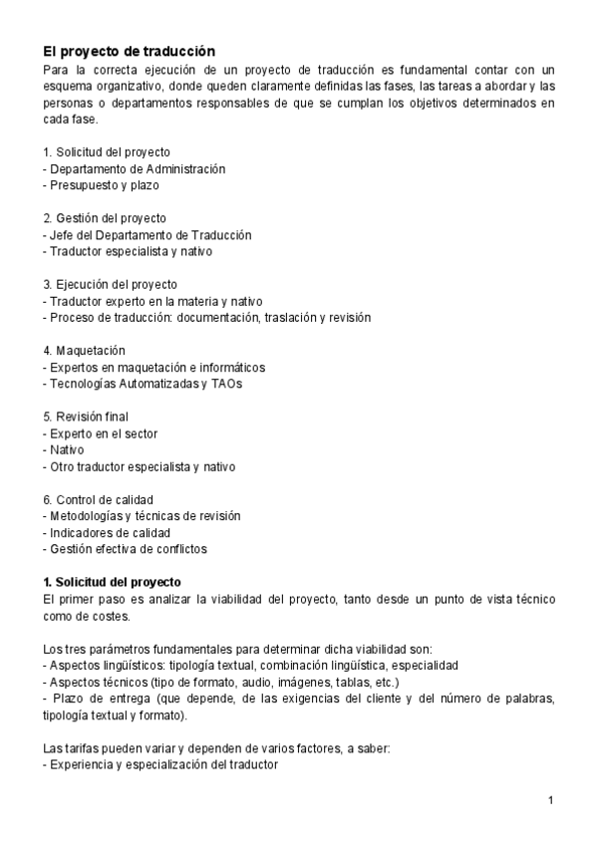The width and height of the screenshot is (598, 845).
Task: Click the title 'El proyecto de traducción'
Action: [x=129, y=51]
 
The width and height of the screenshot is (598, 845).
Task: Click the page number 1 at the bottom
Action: [x=550, y=800]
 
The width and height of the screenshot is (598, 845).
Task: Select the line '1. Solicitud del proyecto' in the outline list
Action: [x=107, y=151]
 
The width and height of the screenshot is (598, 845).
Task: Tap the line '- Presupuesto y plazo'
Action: [x=101, y=184]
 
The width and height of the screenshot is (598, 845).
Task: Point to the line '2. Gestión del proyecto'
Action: [x=105, y=218]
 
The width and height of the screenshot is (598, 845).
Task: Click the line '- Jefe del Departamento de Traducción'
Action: [x=147, y=235]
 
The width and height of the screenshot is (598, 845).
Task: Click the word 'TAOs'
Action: [x=225, y=383]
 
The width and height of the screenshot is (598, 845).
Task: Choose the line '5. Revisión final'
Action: [x=86, y=416]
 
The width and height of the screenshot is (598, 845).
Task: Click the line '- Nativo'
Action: [x=65, y=449]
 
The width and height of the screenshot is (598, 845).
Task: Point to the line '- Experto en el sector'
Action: [x=101, y=432]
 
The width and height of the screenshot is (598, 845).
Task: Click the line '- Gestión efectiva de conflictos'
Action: [x=125, y=548]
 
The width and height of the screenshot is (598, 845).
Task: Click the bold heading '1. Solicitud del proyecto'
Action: [x=113, y=581]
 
